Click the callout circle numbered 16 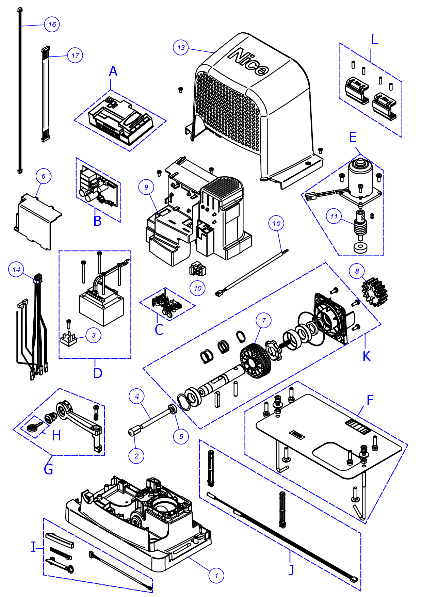[52, 25]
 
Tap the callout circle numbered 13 [181, 48]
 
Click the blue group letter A [113, 71]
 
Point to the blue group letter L [374, 40]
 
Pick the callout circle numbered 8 [357, 271]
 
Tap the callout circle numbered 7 [264, 321]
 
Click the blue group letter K [367, 356]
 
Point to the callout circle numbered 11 [334, 216]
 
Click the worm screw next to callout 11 [361, 226]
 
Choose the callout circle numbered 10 [198, 288]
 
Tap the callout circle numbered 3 [94, 335]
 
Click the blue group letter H [56, 436]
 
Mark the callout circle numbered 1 [216, 576]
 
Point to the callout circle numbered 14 [16, 270]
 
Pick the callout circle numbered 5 [181, 436]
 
